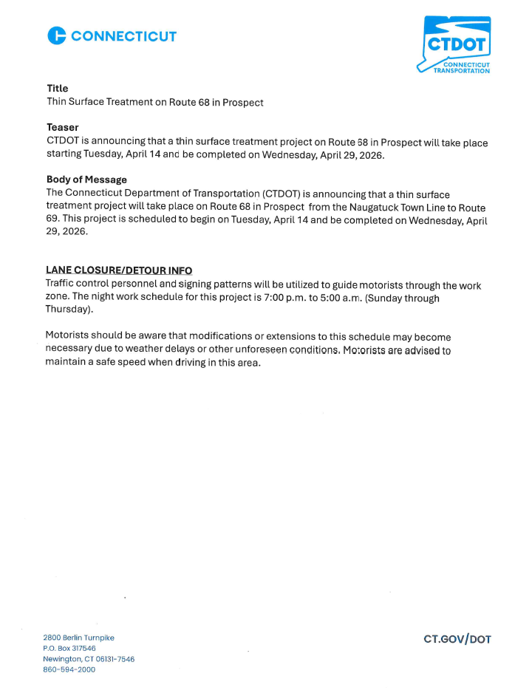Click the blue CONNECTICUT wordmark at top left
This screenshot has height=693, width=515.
(x=124, y=35)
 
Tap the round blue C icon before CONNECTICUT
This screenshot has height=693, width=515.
(x=57, y=35)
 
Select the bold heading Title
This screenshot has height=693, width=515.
(x=57, y=88)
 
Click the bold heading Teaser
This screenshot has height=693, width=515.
(x=62, y=128)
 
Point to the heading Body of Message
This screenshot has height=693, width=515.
(x=86, y=180)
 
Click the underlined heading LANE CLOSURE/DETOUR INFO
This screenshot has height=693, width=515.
(x=118, y=270)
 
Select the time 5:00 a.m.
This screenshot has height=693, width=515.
(x=340, y=298)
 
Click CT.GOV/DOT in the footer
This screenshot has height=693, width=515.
(x=457, y=639)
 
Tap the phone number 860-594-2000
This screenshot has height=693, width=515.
(x=69, y=669)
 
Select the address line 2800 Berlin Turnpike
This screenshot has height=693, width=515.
(x=78, y=638)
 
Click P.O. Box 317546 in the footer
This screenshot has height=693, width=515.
(x=69, y=648)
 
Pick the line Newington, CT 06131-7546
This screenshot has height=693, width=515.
(x=89, y=659)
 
